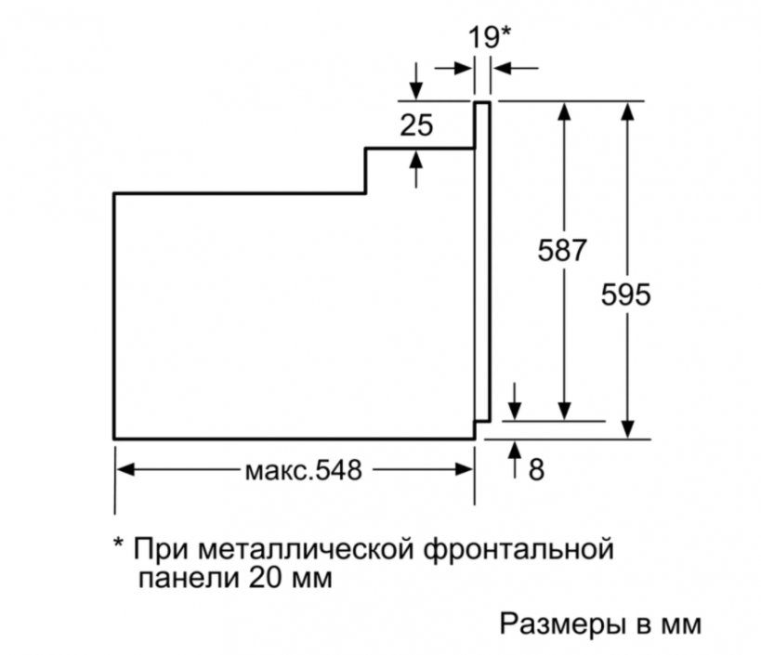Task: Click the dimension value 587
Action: coord(562,250)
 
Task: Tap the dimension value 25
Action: coord(416,125)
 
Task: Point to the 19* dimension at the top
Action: coord(489,37)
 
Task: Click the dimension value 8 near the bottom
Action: coord(536,470)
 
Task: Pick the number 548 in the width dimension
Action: coord(339,470)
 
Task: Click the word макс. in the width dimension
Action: coord(278,471)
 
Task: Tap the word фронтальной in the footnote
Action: coord(518,551)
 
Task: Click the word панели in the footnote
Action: coord(189,578)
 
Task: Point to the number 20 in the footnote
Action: coord(266,577)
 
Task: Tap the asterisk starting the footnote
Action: coord(119,544)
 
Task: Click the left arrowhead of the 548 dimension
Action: coord(125,469)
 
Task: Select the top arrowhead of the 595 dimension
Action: coord(628,111)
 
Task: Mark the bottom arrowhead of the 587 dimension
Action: coord(564,412)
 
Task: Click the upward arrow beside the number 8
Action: coord(515,460)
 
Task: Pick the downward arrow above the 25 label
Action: coord(416,81)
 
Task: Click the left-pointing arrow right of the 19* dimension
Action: coord(516,69)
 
